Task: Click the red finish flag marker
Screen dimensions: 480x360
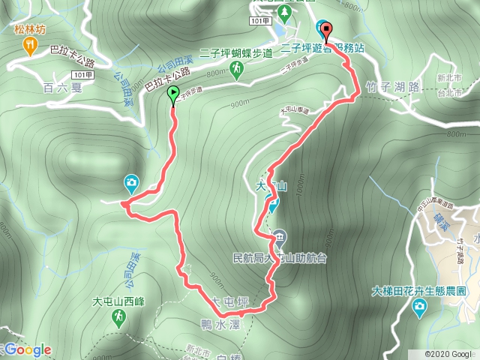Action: [326, 30]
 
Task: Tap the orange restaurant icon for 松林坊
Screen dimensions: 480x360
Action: [29, 47]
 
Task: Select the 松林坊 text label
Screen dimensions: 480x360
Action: [29, 30]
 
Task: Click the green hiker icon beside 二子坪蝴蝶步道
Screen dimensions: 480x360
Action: [237, 69]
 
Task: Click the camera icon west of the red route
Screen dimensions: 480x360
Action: [131, 183]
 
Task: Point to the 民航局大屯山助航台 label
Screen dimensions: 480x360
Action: [280, 257]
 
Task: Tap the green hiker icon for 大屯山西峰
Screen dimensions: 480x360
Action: [119, 319]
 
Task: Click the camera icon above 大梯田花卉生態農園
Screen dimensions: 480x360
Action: [419, 306]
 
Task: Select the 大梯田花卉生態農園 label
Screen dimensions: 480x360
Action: [419, 289]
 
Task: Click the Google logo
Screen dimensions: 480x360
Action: [27, 349]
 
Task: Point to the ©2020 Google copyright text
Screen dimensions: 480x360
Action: [448, 353]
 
